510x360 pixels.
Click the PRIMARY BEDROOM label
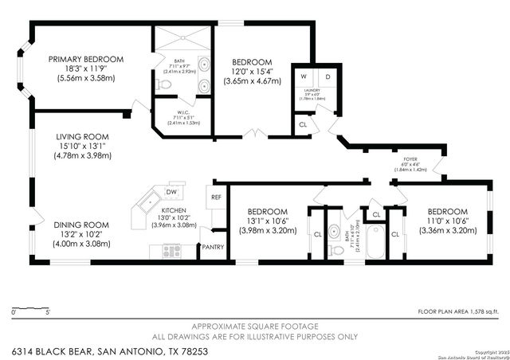(86, 59)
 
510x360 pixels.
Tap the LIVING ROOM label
(82, 136)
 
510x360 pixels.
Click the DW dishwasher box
(171, 192)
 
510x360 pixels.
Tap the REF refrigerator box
(215, 197)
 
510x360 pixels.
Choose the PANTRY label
(212, 248)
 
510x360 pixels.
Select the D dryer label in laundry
(328, 77)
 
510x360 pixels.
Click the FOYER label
(411, 159)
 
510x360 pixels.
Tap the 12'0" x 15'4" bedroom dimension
(253, 72)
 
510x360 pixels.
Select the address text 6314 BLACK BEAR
(52, 350)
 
